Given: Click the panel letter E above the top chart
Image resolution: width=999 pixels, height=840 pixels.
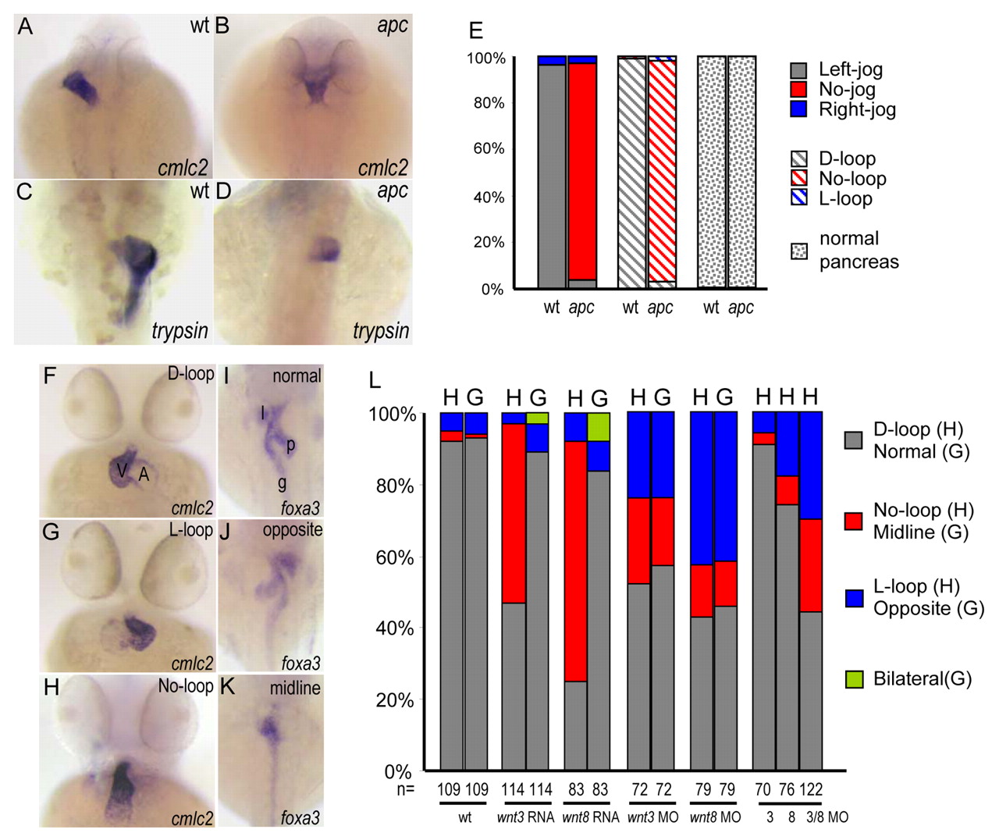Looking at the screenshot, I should click(475, 30).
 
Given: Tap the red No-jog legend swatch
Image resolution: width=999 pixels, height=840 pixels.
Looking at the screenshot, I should click(798, 89).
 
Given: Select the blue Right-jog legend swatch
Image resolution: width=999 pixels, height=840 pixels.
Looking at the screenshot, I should click(798, 109).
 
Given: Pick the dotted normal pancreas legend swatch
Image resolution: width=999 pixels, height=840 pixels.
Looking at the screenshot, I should click(798, 251).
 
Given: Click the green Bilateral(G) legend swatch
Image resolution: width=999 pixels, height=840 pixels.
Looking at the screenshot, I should click(854, 679).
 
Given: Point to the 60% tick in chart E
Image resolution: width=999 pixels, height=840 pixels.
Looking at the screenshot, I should click(489, 148).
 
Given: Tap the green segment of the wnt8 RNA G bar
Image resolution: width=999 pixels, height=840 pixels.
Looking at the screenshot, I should click(599, 426).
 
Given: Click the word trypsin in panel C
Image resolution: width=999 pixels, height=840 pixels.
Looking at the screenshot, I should click(180, 331).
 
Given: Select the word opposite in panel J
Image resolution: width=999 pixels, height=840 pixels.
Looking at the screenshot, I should click(293, 530).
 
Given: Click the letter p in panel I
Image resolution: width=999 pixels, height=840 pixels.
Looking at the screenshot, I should click(290, 445).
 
